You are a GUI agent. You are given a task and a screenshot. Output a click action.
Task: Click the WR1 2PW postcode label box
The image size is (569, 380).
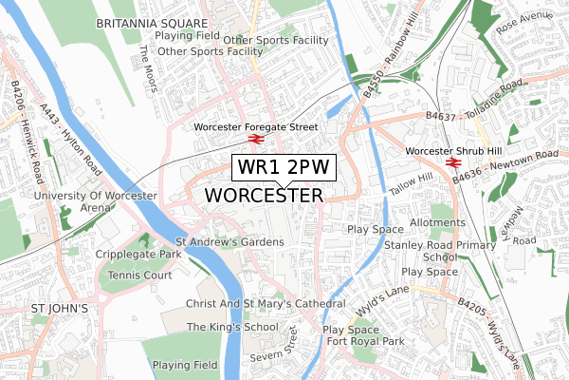point(284,167)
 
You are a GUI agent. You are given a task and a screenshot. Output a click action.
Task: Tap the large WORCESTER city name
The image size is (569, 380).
point(264,195)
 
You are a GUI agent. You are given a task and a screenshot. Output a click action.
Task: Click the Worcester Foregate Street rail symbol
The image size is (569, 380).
point(255,140)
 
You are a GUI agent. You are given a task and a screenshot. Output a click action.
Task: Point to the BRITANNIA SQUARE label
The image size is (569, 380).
point(152,21)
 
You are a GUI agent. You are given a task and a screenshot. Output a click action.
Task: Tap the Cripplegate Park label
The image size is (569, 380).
point(138,256)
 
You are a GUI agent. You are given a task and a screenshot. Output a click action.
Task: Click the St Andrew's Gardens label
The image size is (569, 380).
point(229,242)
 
